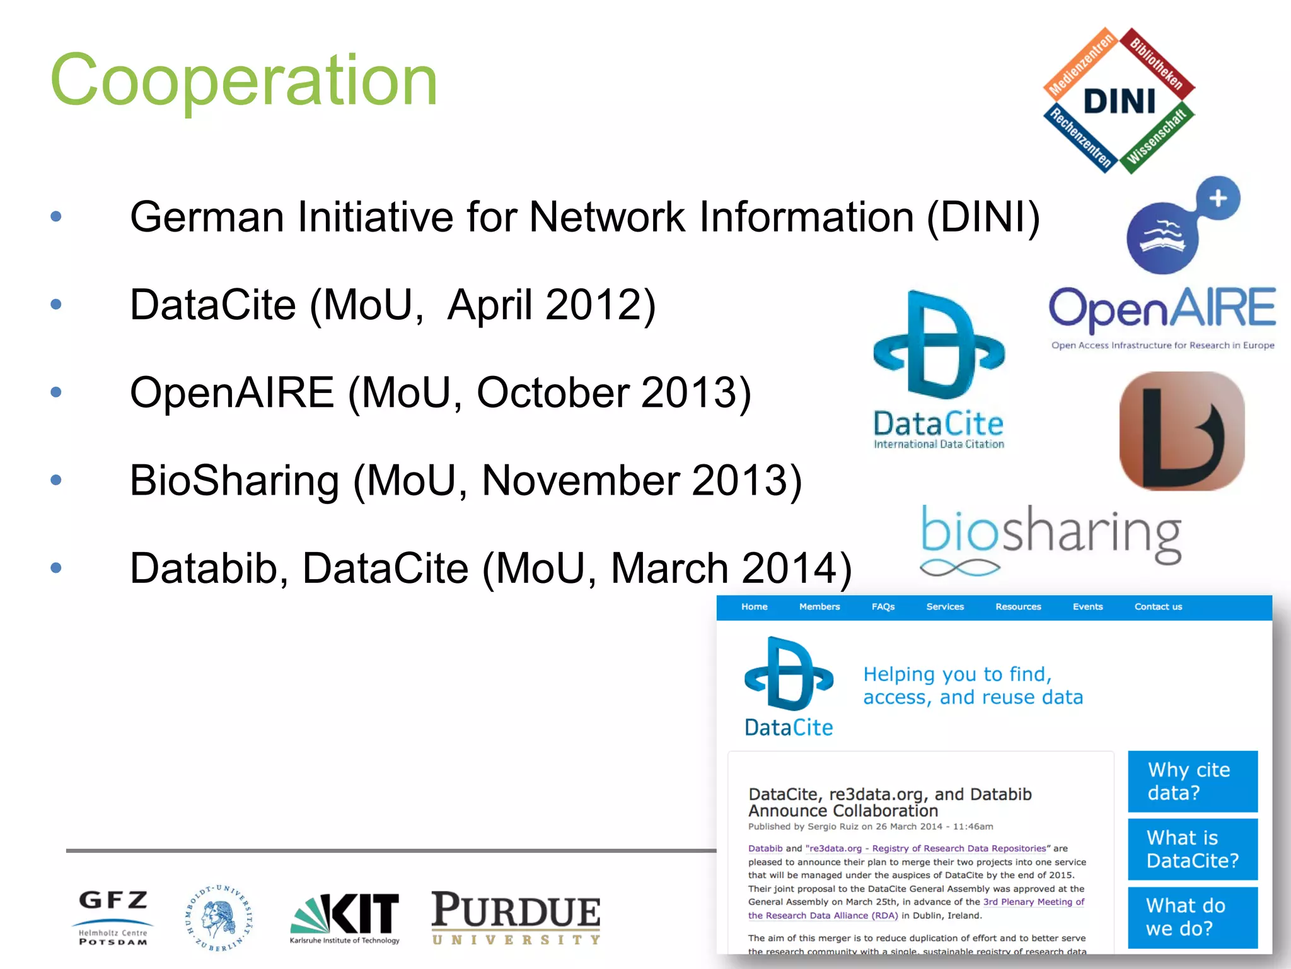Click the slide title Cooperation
coord(243,81)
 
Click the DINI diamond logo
coord(1119,101)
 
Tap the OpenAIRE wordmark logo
coord(1162,309)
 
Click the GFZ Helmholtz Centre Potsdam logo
coord(113,917)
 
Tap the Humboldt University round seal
coord(219,918)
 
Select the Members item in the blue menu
coord(819,607)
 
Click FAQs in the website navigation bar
coord(883,607)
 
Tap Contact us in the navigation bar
coord(1158,607)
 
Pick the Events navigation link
coord(1087,607)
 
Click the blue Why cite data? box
coord(1192,781)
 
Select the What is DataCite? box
coord(1192,849)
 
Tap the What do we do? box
coord(1192,917)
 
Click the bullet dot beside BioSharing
coord(56,480)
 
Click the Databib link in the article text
coord(765,849)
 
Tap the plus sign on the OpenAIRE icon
coord(1218,198)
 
